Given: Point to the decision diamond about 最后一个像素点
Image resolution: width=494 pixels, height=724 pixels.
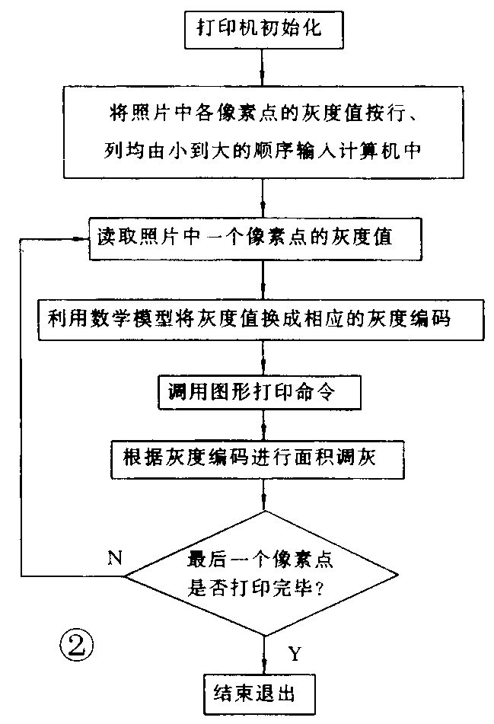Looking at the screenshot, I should (x=263, y=575).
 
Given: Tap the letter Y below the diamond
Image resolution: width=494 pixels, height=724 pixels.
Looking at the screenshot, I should (x=295, y=652).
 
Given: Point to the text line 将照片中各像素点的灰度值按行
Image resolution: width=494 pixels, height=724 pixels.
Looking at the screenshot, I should (x=263, y=115).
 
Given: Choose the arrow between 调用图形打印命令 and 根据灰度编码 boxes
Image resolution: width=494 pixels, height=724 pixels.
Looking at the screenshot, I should (x=263, y=424).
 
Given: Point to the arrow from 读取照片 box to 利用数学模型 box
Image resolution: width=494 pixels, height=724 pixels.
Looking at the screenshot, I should (x=263, y=278).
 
